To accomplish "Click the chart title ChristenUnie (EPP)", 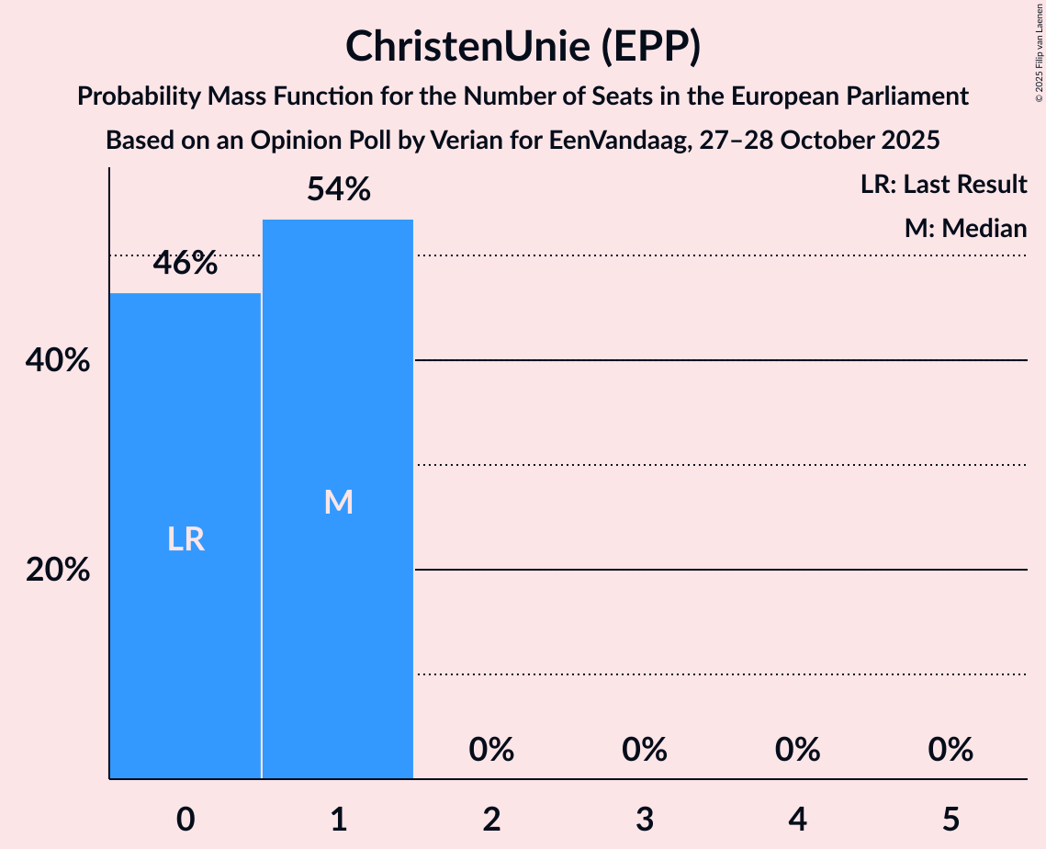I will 523,47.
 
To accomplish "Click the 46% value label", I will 186,264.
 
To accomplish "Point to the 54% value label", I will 338,190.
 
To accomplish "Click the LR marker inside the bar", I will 186,539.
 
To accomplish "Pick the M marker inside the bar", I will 338,502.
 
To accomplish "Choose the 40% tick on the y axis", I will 58,361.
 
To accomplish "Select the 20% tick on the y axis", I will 58,571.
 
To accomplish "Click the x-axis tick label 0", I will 186,819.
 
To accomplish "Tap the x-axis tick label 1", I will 338,819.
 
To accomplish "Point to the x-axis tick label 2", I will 491,819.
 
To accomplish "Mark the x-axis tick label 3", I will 644,819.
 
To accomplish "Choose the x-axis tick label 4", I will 797,819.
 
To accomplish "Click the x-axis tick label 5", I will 950,819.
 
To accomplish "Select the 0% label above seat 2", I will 491,751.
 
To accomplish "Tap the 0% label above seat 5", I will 950,751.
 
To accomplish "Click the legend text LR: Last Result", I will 943,185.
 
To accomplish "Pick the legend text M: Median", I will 965,228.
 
